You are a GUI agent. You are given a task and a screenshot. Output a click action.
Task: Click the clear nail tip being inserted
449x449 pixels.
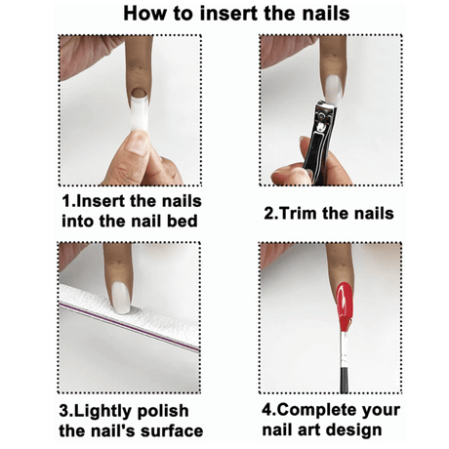pos(140,110)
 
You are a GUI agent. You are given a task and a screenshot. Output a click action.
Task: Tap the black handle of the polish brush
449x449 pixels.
pos(344,380)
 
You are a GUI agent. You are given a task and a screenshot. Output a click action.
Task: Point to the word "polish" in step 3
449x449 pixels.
pos(163,411)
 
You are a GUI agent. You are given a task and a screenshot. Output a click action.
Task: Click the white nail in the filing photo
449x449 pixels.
pos(120,298)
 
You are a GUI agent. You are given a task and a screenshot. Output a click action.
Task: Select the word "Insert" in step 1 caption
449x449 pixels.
pos(100,201)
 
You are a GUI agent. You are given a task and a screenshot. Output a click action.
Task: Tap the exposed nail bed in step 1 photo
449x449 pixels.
pos(140,93)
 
